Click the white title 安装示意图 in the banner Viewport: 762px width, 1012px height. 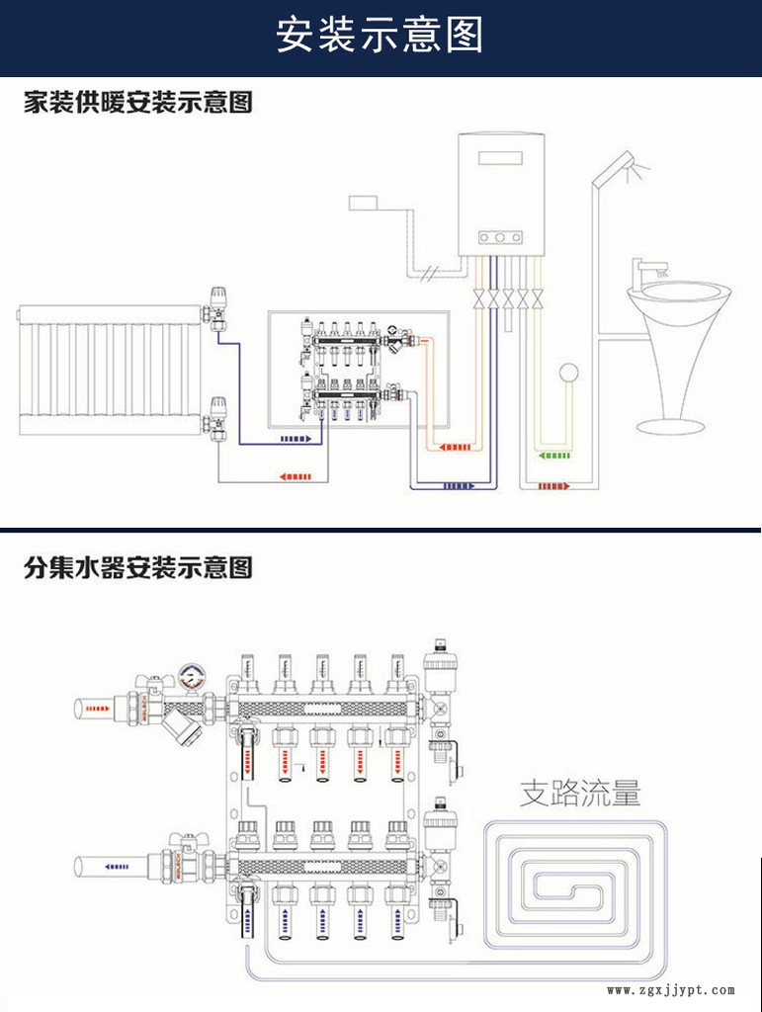click(381, 36)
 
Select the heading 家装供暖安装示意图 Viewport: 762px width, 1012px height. click(138, 102)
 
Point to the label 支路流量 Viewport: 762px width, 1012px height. click(581, 793)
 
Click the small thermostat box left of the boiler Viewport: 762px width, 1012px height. click(366, 203)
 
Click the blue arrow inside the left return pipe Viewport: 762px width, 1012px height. click(117, 867)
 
